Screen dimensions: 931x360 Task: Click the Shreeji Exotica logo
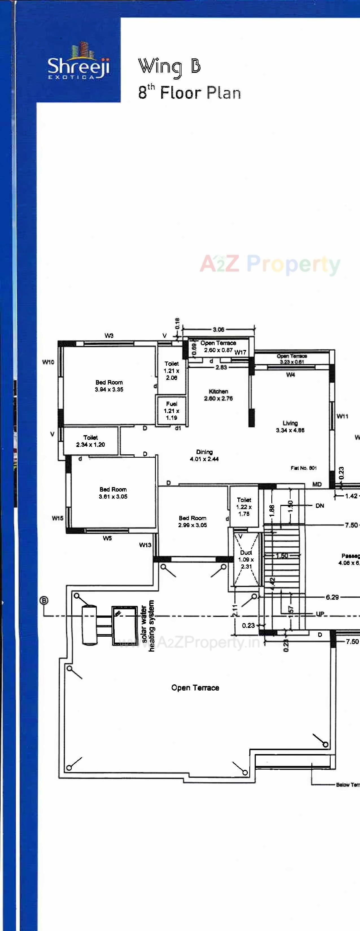78,62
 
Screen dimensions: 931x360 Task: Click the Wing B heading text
169,67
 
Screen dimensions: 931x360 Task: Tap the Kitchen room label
218,395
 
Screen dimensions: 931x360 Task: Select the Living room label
290,426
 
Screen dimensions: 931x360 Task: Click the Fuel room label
171,411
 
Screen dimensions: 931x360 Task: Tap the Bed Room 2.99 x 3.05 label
192,522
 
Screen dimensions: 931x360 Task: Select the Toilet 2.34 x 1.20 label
90,441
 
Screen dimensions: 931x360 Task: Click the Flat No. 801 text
304,468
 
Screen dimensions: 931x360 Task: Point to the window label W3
109,335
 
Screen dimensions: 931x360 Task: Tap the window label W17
240,352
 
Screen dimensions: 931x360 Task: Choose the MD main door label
317,484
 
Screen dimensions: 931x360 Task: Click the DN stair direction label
320,506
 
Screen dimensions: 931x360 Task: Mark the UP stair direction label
320,614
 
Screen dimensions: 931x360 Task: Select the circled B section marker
44,601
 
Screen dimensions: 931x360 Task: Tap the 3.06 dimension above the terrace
218,330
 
